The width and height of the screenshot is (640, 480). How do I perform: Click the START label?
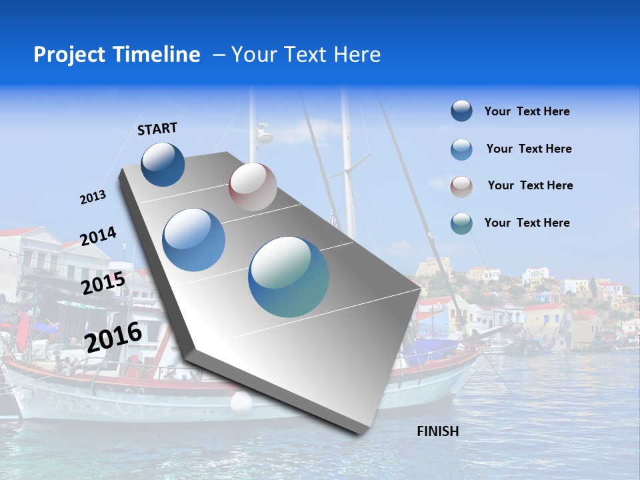click(157, 129)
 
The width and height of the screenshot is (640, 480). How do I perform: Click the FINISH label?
click(437, 431)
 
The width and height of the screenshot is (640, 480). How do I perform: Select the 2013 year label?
click(93, 197)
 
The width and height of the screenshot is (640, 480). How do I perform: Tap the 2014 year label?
click(98, 237)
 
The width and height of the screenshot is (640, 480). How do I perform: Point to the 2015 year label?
click(103, 283)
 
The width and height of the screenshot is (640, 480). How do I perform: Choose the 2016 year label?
click(113, 337)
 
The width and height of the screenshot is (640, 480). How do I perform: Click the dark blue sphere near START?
click(163, 165)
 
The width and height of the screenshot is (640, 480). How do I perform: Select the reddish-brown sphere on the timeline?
click(253, 187)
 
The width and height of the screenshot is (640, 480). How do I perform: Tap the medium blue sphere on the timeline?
click(194, 240)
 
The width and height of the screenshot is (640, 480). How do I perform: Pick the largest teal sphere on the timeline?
click(289, 277)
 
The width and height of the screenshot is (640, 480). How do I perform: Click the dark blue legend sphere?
click(461, 111)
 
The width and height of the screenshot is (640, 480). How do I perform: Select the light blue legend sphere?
click(461, 149)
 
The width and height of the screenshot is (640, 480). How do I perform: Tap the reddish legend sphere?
click(461, 186)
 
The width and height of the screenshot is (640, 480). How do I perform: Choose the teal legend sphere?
click(461, 223)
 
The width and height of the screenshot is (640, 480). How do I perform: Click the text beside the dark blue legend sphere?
click(527, 112)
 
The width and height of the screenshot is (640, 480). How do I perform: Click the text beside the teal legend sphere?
click(527, 223)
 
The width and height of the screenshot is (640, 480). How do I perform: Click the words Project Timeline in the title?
click(117, 55)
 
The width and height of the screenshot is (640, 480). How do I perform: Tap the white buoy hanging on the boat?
click(241, 402)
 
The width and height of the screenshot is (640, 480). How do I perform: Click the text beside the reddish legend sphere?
click(530, 185)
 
